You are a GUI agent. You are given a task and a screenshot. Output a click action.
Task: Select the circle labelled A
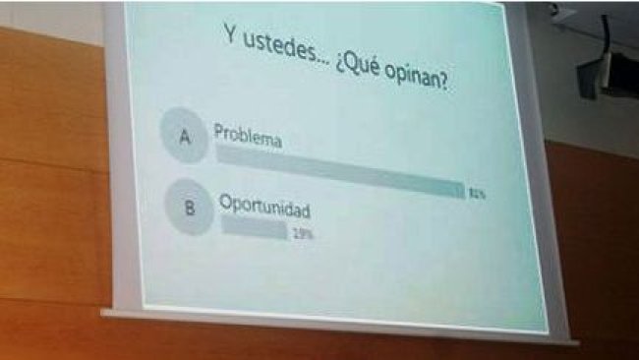point(184,139)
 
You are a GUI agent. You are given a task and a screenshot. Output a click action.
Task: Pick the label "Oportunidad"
point(264,210)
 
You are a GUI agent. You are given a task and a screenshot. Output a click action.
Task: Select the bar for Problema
point(339,171)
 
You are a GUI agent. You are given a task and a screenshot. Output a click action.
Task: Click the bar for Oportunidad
point(254,229)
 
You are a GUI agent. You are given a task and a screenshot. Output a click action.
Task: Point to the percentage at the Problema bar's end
point(478,194)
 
